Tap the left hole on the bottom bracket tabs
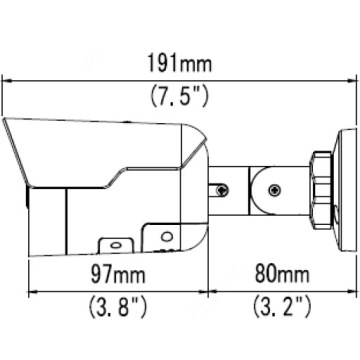coord(113,242)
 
